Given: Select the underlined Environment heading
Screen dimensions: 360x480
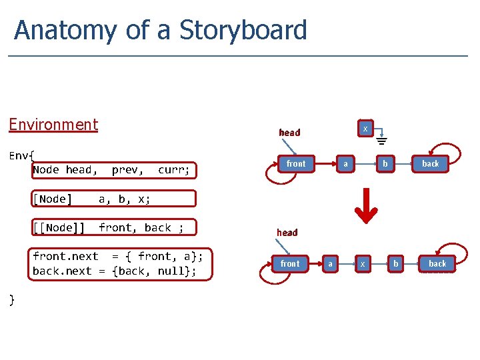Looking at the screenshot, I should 53,125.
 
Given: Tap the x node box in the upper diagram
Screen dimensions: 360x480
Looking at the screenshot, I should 365,128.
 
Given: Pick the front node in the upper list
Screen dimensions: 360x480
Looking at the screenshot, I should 296,163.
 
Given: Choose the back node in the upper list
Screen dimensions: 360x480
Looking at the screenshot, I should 431,163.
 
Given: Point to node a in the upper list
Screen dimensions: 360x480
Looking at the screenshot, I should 345,163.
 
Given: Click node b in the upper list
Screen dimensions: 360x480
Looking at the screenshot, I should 384,163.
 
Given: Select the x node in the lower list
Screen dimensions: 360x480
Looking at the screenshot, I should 363,264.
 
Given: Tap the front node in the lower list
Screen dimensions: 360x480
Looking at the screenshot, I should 290,264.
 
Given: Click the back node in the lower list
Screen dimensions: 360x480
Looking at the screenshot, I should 437,264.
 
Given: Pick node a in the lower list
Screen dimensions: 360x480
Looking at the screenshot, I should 331,264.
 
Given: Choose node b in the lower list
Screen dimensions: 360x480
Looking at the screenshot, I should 395,264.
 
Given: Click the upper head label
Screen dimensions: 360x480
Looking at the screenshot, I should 289,133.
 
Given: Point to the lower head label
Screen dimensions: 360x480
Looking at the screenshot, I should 287,233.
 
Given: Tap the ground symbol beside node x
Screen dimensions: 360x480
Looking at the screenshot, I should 382,141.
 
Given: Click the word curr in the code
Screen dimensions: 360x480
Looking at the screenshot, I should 174,170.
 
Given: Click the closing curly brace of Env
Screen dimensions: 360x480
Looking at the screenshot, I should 11,300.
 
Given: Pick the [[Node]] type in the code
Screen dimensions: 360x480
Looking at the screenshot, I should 59,228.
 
